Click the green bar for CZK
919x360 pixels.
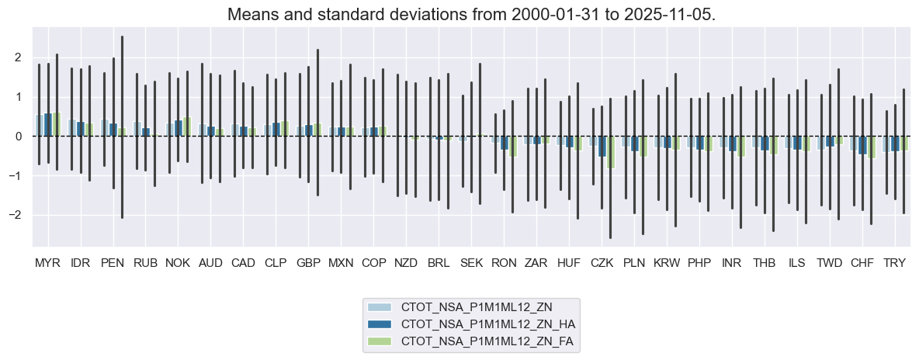[610, 152]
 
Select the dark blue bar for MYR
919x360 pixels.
[47, 125]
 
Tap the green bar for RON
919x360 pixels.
[512, 147]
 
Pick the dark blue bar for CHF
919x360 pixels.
[862, 145]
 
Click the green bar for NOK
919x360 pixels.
[187, 127]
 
